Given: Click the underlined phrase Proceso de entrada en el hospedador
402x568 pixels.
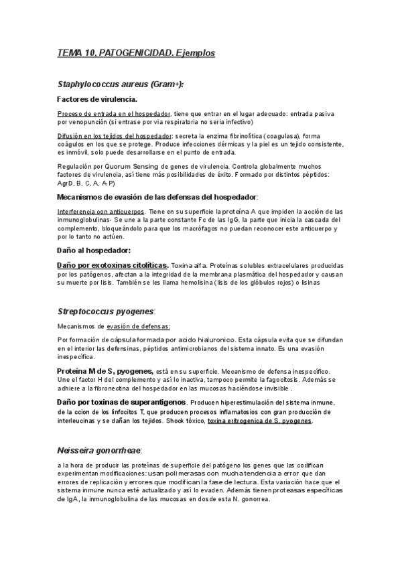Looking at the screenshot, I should pyautogui.click(x=114, y=113).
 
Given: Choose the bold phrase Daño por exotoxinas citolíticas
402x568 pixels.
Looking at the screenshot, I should pyautogui.click(x=113, y=265).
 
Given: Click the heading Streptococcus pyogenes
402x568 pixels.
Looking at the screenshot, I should pyautogui.click(x=106, y=311).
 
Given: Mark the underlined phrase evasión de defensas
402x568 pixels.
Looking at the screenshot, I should pyautogui.click(x=139, y=326).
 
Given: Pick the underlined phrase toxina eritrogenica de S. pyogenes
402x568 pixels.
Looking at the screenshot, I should pyautogui.click(x=260, y=421).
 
